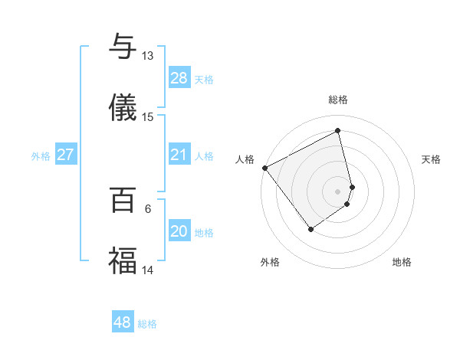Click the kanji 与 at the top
pyautogui.click(x=123, y=47)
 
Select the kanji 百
pyautogui.click(x=123, y=200)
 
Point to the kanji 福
pyautogui.click(x=123, y=260)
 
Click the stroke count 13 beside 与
pyautogui.click(x=147, y=56)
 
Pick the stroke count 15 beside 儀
pyautogui.click(x=147, y=116)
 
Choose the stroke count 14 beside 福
pyautogui.click(x=147, y=270)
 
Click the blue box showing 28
pyautogui.click(x=179, y=78)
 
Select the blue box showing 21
pyautogui.click(x=179, y=155)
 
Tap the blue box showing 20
pyautogui.click(x=179, y=231)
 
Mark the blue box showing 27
pyautogui.click(x=65, y=155)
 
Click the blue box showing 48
pyautogui.click(x=122, y=322)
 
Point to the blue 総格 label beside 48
pyautogui.click(x=147, y=324)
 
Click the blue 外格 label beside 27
pyautogui.click(x=41, y=156)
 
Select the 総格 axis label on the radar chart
pyautogui.click(x=338, y=100)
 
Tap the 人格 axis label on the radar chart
pyautogui.click(x=245, y=159)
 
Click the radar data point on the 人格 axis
pyautogui.click(x=264, y=168)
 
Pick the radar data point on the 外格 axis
pyautogui.click(x=311, y=228)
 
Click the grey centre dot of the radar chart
pyautogui.click(x=338, y=191)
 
